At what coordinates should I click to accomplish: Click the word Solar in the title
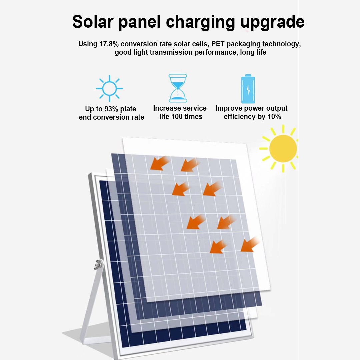coord(93,22)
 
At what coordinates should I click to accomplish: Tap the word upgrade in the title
coord(272,23)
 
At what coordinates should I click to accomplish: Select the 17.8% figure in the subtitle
coord(109,44)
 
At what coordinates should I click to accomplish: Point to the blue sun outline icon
coord(109,88)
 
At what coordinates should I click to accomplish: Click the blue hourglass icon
coord(178,88)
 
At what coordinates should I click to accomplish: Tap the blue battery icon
coord(248,89)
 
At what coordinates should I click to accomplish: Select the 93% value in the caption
coord(111,109)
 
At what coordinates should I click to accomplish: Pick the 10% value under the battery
coord(274,117)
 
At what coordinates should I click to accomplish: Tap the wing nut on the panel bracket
coord(99,264)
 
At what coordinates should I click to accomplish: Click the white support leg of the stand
coord(90,303)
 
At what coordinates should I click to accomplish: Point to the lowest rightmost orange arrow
coord(250,245)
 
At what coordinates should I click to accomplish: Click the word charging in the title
coord(200,23)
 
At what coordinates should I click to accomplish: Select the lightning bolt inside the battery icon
coord(248,90)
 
